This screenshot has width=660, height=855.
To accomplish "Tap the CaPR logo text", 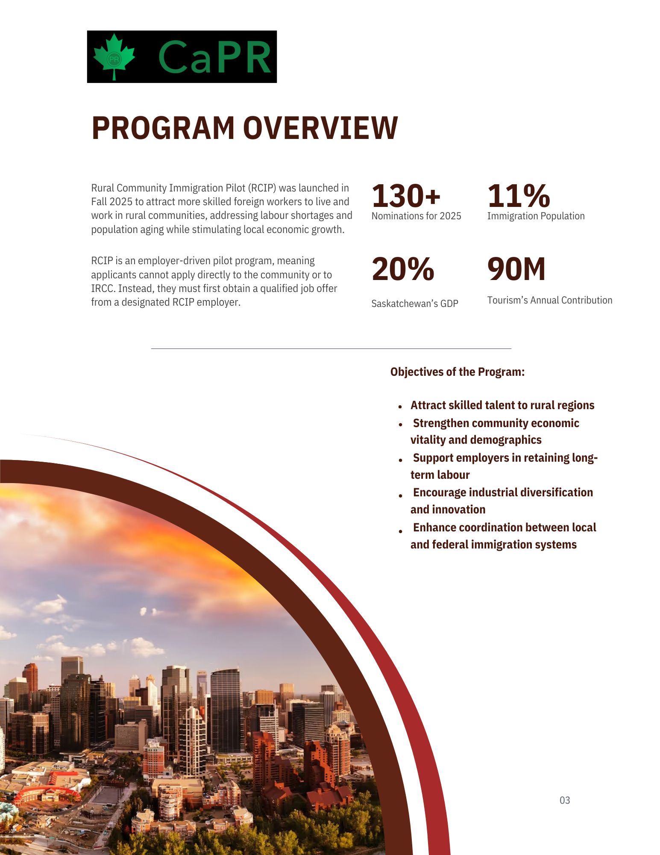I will coord(214,57).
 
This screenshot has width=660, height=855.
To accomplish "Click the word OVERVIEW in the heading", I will coord(320,128).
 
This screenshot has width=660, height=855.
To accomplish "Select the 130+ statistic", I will coord(406,196).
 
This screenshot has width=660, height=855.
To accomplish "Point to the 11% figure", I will coord(518,196).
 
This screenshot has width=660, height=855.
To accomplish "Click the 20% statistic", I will coord(403,269).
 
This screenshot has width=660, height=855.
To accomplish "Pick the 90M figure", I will coord(516,269).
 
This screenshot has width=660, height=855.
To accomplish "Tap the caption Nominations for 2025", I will coord(416,216).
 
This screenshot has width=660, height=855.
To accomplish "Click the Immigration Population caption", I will coord(536,216).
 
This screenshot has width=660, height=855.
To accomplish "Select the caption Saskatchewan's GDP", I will coord(414,304).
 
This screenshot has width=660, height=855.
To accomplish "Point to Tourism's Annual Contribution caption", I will coord(549,300).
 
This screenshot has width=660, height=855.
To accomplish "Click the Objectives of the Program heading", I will coord(457,372).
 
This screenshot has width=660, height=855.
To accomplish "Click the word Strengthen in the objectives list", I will coord(441,423).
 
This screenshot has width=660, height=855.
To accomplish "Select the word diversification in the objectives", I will coord(551,492).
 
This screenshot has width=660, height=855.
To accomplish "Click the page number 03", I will coord(565,800).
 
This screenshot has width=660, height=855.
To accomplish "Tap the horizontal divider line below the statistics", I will coord(331,348).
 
